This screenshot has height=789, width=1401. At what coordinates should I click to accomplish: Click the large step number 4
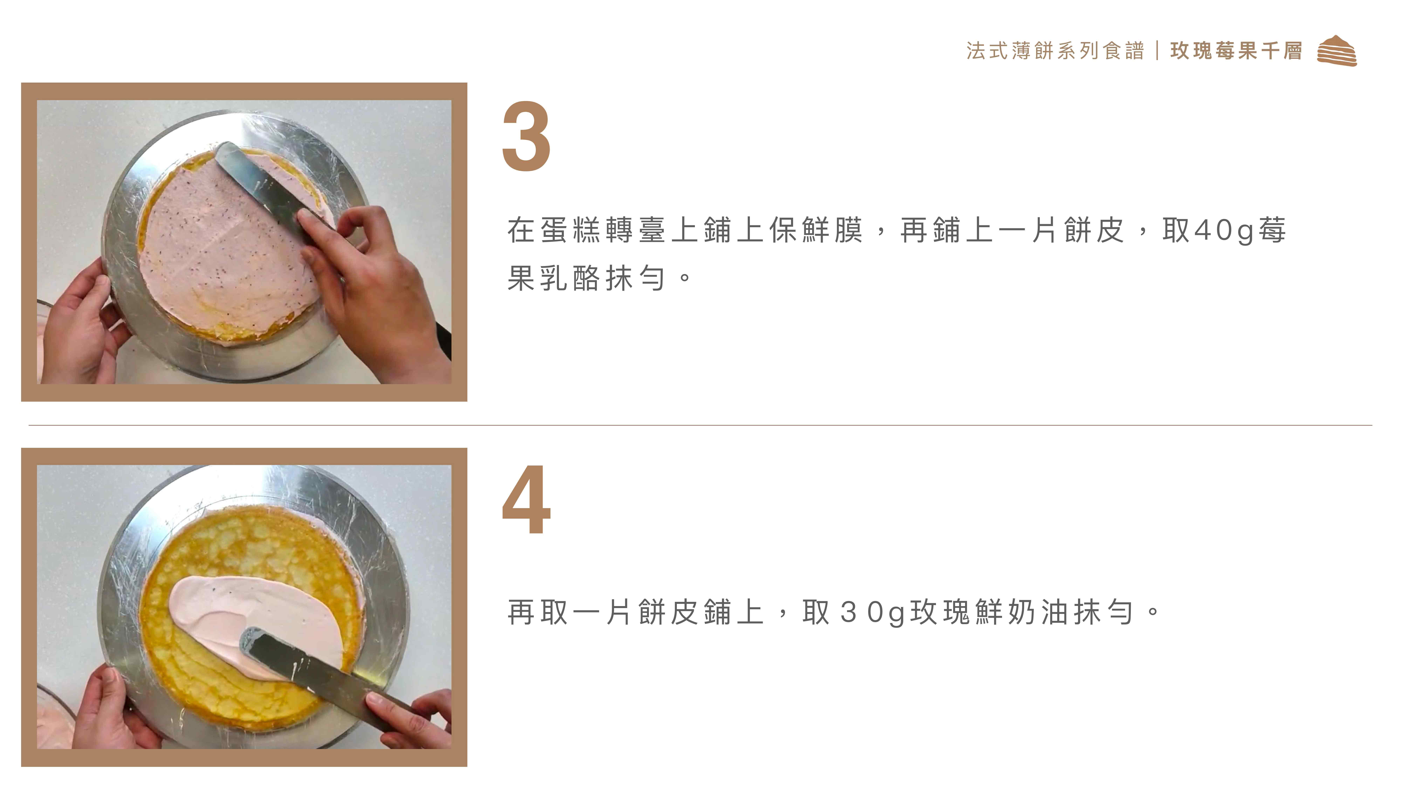point(526,500)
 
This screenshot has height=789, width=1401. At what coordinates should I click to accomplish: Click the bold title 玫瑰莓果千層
point(1236,51)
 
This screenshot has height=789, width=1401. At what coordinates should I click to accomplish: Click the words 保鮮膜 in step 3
point(816,230)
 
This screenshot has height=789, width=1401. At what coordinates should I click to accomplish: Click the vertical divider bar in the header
point(1157,51)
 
